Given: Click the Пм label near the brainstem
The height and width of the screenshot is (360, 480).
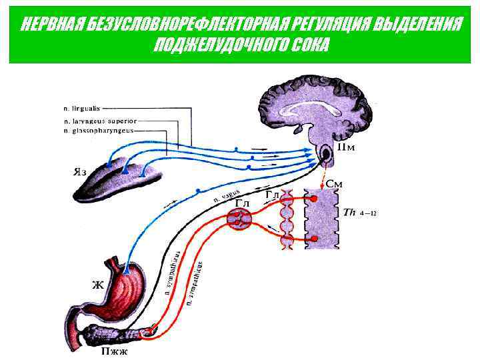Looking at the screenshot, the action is point(346,147).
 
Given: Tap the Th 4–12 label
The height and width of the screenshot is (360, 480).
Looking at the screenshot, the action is point(361,213).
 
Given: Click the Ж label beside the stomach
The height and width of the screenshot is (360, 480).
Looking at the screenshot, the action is point(97,285).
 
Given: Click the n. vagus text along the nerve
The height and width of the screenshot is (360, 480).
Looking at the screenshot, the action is point(227,195).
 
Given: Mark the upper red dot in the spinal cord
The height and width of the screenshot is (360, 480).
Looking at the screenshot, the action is point(314,199).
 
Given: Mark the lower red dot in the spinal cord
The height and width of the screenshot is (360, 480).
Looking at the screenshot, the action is point(314,238).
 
